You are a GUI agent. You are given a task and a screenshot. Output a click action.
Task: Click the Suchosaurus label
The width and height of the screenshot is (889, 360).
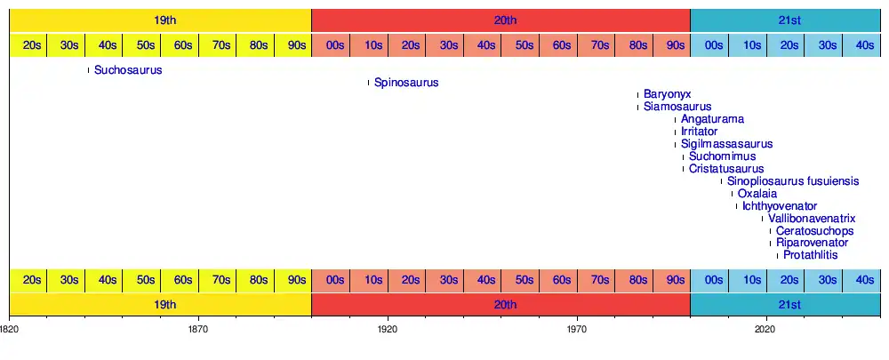tap(128, 70)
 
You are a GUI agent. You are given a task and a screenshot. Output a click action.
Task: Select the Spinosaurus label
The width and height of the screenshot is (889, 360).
tap(406, 83)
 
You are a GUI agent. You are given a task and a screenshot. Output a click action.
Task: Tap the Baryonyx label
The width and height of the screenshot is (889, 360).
tap(668, 94)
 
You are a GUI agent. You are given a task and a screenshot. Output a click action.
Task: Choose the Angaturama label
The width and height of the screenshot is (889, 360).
tap(713, 119)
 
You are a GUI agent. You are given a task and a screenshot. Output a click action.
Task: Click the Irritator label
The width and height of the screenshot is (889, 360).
tap(699, 132)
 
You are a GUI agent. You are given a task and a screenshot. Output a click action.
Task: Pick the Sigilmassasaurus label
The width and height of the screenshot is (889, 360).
tap(727, 144)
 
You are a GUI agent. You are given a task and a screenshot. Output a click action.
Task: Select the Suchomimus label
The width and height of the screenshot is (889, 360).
tap(723, 156)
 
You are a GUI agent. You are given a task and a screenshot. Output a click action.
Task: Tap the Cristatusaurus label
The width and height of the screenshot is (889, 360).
tap(726, 169)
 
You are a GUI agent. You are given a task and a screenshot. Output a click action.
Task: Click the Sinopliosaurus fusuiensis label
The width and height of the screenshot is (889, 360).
tap(793, 181)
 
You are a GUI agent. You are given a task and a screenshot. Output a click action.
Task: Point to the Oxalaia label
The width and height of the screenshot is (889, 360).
tap(757, 194)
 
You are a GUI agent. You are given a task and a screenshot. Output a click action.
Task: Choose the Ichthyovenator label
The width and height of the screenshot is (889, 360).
tap(780, 206)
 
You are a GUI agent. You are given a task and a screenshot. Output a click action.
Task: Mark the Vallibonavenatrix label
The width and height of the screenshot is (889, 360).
tap(812, 219)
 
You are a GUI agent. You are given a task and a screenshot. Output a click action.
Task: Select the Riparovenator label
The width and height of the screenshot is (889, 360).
tap(812, 243)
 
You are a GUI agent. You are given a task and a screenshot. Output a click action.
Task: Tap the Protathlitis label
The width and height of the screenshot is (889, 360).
tap(811, 255)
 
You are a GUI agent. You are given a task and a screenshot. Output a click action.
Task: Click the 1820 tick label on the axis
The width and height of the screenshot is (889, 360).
tap(9, 328)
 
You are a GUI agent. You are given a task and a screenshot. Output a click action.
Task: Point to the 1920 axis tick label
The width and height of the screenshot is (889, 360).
tap(388, 328)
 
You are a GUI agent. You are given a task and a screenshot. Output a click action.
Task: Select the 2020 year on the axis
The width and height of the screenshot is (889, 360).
tap(766, 328)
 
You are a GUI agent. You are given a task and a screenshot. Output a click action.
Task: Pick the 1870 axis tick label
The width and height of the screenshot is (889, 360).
tap(198, 328)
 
